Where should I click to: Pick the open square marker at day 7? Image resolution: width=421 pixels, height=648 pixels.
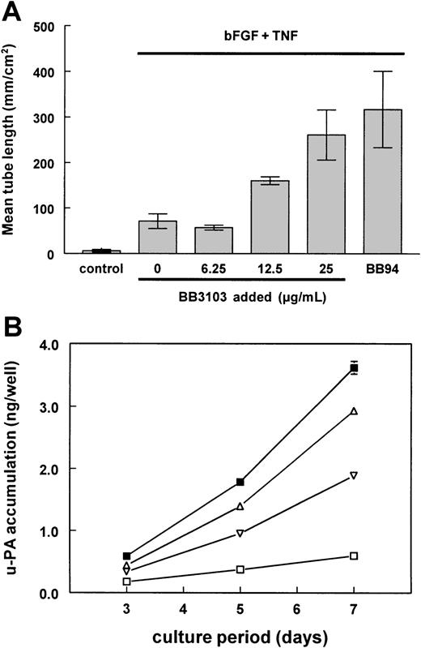click(x=354, y=556)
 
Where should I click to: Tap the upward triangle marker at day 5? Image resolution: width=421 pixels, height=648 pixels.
click(x=240, y=507)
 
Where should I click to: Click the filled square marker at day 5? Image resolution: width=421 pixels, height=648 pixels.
click(x=240, y=483)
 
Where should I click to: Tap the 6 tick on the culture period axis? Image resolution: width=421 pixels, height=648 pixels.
click(x=297, y=608)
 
